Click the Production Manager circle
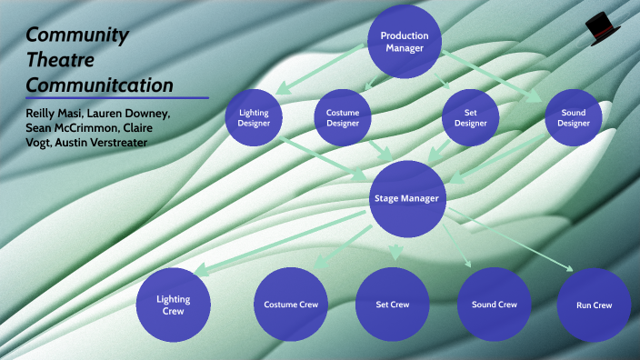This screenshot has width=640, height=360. pos(405,42)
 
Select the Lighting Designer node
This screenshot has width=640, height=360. pos(254,118)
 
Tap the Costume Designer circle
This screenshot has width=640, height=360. pos(343,118)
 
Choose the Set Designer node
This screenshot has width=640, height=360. pos(471,118)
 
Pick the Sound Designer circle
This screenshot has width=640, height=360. pos(574,118)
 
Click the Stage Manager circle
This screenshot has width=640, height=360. pos(407,198)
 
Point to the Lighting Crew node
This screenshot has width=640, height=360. pos(173,305)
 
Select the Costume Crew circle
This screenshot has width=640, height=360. pos(291,305)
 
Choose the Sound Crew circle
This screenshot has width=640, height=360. pos(494,305)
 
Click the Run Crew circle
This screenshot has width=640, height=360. pos(595,305)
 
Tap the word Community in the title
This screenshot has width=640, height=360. pos(76,35)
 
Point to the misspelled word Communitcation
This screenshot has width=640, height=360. pos(99,85)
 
